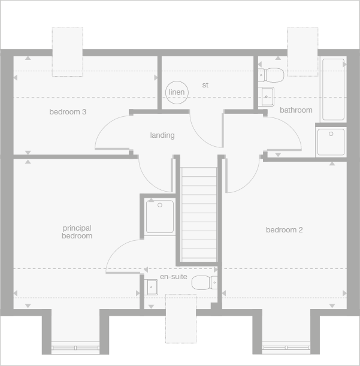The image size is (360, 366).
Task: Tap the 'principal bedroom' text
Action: [x=77, y=232]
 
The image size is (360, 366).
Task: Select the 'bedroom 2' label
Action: [x=284, y=230]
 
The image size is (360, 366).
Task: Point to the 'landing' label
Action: [x=162, y=135]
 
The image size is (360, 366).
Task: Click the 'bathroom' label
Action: [x=296, y=110]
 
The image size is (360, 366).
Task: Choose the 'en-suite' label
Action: [x=173, y=277]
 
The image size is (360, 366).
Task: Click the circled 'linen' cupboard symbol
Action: [x=177, y=92]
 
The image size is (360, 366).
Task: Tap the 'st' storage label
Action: [x=205, y=85]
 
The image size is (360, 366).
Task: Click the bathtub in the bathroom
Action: [x=334, y=89]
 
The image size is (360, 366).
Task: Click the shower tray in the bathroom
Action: [x=331, y=142]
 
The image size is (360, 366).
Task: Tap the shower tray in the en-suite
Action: [x=160, y=216]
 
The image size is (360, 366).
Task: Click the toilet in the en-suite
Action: [x=205, y=283]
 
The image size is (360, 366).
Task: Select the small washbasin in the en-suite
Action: [x=151, y=287]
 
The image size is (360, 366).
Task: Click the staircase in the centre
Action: [x=199, y=214]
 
